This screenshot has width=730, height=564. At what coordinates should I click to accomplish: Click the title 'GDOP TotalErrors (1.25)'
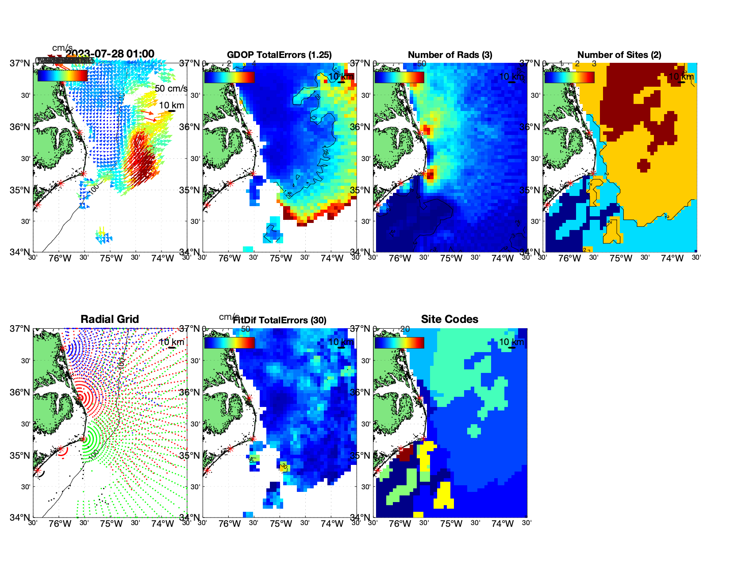click(x=279, y=55)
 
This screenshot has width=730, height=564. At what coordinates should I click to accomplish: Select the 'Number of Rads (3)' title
click(x=450, y=55)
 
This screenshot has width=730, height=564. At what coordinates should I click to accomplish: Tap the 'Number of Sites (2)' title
click(x=619, y=55)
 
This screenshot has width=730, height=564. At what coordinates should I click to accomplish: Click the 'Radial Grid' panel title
click(x=110, y=319)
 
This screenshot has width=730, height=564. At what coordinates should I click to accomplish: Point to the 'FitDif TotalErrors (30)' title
click(x=280, y=320)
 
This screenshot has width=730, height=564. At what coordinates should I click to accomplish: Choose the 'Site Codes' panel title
click(x=450, y=319)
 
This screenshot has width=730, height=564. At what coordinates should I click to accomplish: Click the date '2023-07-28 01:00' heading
click(x=110, y=54)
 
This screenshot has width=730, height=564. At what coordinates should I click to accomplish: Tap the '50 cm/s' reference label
click(x=171, y=88)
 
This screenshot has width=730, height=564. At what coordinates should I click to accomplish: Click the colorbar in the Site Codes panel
click(x=399, y=343)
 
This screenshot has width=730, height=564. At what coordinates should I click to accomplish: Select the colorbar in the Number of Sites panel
click(x=569, y=77)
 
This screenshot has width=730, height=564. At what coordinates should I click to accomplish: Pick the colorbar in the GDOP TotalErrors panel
click(x=229, y=77)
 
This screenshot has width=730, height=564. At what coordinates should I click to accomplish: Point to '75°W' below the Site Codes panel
click(x=451, y=524)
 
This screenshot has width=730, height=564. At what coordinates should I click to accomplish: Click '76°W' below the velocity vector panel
click(x=60, y=258)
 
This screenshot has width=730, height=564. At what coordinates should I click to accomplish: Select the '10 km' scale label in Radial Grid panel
click(x=171, y=342)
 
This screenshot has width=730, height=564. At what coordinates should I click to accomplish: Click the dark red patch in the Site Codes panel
click(x=406, y=453)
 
